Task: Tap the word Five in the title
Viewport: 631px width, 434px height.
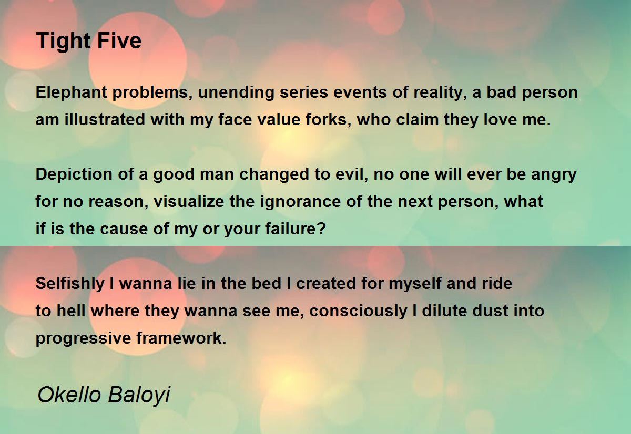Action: (x=119, y=40)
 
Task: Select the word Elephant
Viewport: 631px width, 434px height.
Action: (x=72, y=93)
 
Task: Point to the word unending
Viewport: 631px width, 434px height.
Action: (x=236, y=92)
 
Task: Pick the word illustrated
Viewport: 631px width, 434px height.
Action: (x=105, y=119)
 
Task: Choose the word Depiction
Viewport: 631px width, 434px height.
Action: (x=74, y=175)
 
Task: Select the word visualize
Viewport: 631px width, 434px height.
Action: (x=189, y=202)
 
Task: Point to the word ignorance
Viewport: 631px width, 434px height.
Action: (x=300, y=202)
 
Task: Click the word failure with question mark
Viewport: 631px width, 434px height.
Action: (x=296, y=229)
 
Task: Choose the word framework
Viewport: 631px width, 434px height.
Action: (x=181, y=338)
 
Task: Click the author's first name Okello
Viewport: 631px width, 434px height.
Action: (x=69, y=395)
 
